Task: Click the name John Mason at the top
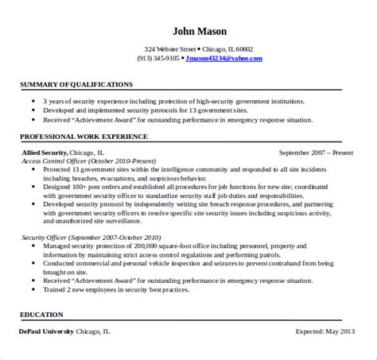188,33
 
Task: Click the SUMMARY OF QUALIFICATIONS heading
76,83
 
